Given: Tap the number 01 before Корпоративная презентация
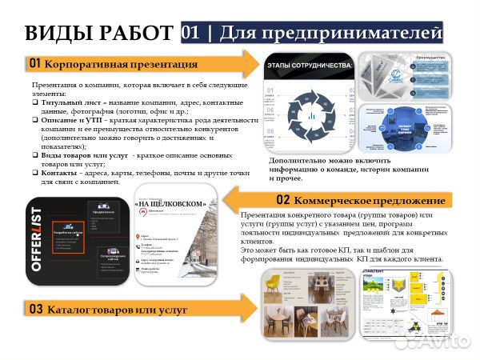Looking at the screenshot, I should pos(34,62).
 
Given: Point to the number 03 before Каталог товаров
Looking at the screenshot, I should pos(34,307).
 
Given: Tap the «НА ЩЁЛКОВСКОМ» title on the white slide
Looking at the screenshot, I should pos(173,204).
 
